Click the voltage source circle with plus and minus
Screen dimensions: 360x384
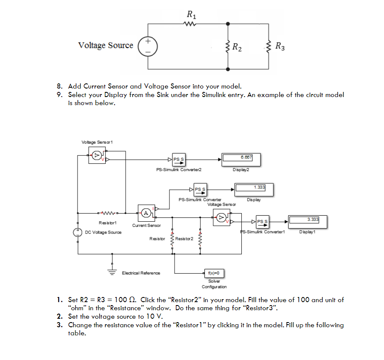148,46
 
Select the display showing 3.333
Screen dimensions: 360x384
304,221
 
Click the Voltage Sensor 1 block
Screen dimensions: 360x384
97,156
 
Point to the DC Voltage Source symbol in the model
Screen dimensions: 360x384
78,232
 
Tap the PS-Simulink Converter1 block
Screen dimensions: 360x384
262,221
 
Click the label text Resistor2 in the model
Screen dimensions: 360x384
184,239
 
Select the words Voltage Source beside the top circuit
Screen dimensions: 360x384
106,46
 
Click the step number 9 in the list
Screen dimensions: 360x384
60,94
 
